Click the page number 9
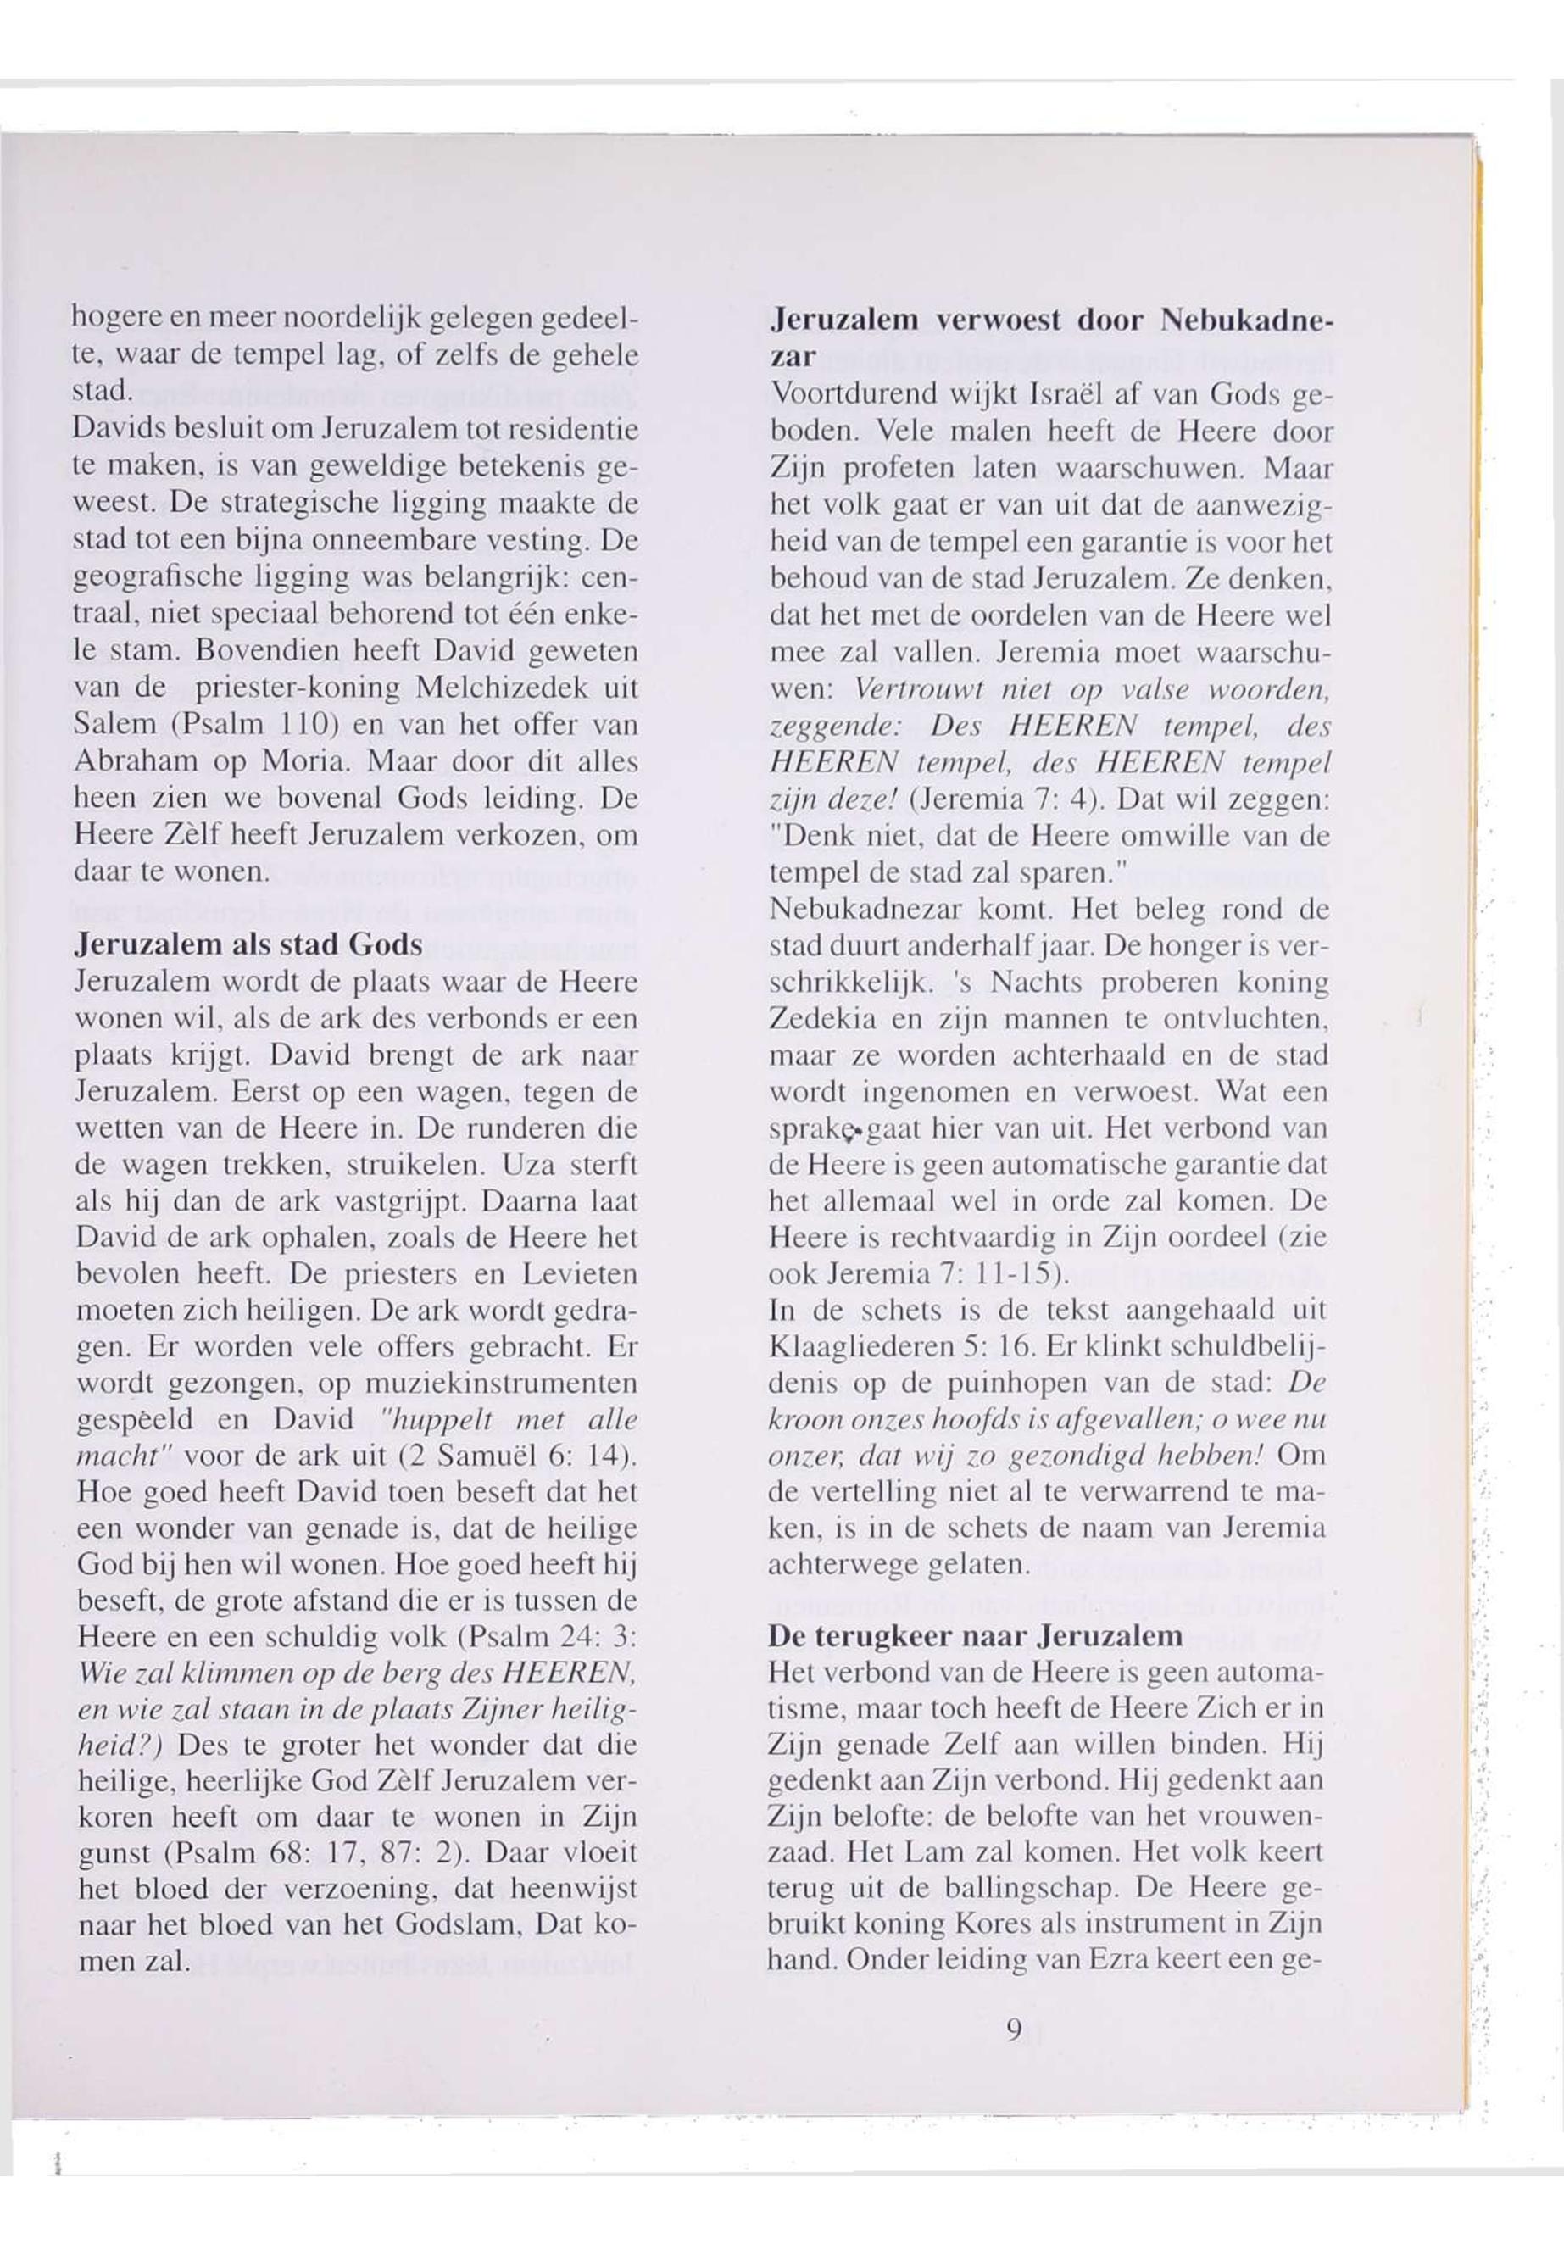(x=1013, y=2023)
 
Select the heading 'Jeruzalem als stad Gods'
(x=248, y=946)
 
